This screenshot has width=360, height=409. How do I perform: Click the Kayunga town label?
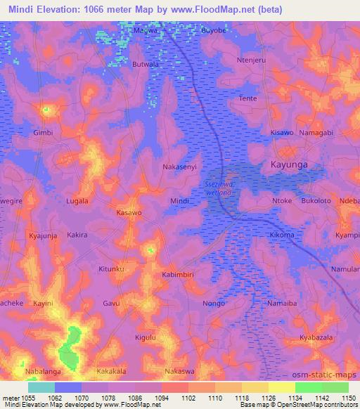pos(289,165)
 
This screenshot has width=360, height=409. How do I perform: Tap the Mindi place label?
pos(180,202)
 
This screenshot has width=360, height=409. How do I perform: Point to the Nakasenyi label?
pos(181,169)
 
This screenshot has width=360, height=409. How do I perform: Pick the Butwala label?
pos(146,64)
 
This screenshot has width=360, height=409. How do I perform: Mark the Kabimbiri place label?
pos(179,275)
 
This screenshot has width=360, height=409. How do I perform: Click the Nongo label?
pos(214,303)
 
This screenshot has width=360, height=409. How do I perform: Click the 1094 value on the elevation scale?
pos(163,398)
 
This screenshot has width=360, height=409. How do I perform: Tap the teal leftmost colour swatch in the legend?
pos(41,387)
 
